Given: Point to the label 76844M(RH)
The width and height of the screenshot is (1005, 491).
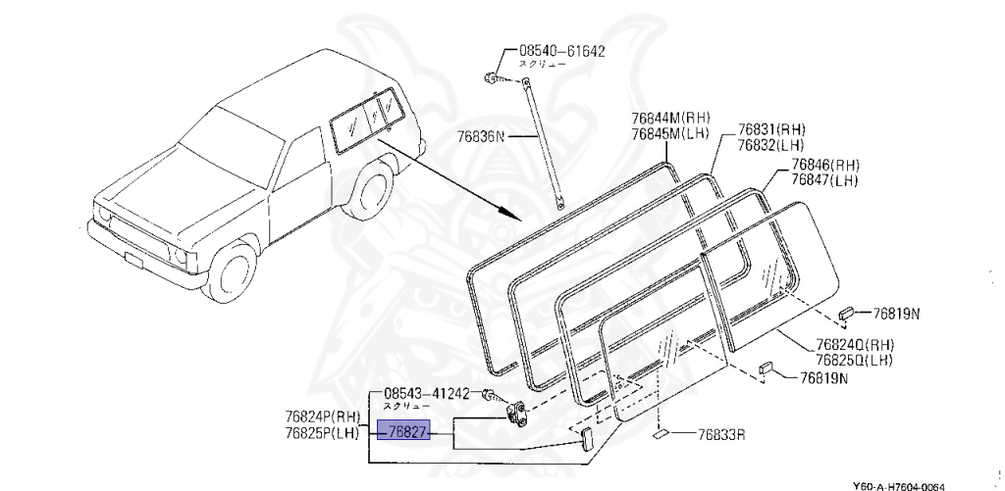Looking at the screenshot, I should coord(669,120).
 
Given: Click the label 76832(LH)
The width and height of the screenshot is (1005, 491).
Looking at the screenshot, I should coord(772,145).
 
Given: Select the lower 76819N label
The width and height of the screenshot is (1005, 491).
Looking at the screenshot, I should coord(822,377).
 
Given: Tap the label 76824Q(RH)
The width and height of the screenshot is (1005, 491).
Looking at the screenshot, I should coord(853,344).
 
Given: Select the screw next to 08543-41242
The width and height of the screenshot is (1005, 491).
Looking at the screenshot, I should coord(489,394).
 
